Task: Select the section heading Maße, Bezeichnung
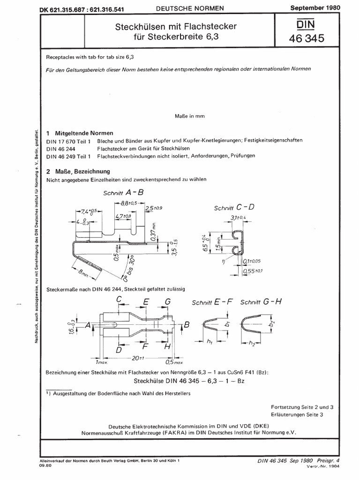point(80,171)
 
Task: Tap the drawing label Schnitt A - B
point(125,193)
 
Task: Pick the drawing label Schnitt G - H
point(261,302)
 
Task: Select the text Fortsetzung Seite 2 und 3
point(302,406)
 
